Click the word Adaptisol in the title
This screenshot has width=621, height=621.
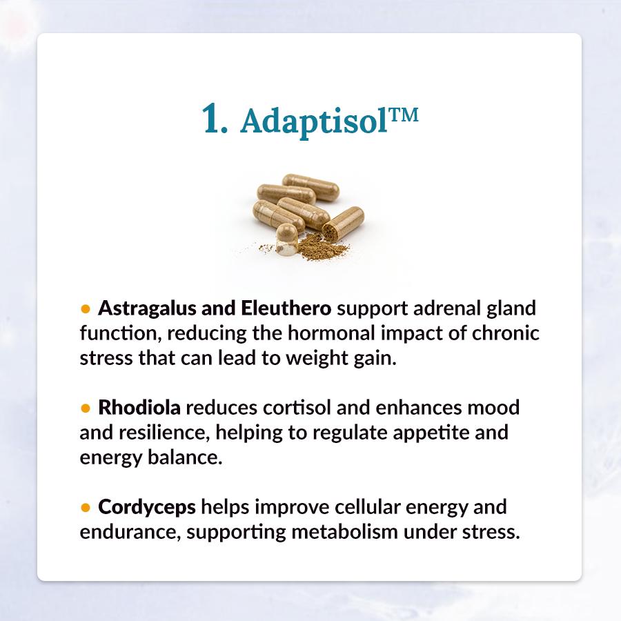pyautogui.click(x=313, y=121)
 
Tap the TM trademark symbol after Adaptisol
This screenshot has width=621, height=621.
pyautogui.click(x=403, y=115)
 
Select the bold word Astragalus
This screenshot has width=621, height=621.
pyautogui.click(x=146, y=309)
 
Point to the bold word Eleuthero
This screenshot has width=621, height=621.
pyautogui.click(x=286, y=308)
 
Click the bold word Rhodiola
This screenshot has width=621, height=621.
pyautogui.click(x=139, y=407)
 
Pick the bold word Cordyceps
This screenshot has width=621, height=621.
pyautogui.click(x=146, y=508)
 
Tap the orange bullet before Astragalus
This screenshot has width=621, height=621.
pyautogui.click(x=85, y=309)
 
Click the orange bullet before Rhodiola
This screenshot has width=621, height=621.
pyautogui.click(x=85, y=408)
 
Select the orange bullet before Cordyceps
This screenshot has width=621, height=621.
pyautogui.click(x=85, y=507)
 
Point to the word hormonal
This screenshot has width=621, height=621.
pyautogui.click(x=331, y=333)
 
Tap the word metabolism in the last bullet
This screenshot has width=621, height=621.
pyautogui.click(x=344, y=531)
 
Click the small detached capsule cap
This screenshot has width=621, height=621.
pyautogui.click(x=287, y=239)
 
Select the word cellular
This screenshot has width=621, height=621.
pyautogui.click(x=368, y=507)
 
